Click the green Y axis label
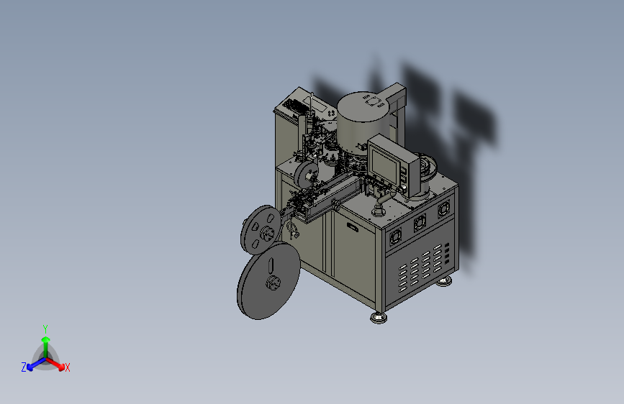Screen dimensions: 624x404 [45, 329]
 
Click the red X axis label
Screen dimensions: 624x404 [67, 367]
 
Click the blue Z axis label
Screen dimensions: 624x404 [24, 367]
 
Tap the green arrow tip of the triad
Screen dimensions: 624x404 [46, 339]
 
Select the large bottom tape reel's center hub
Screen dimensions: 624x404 [273, 283]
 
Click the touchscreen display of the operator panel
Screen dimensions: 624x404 [384, 164]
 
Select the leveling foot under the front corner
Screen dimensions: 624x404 [379, 317]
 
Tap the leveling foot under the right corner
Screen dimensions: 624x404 [444, 282]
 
